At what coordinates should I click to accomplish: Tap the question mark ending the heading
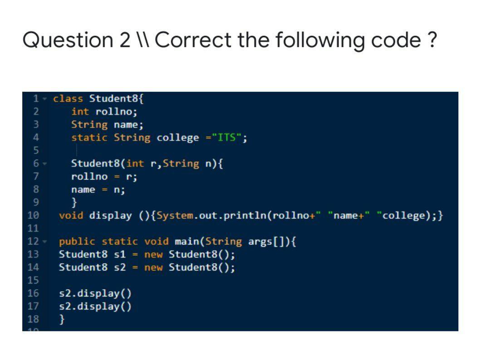432,40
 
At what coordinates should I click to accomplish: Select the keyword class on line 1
68,99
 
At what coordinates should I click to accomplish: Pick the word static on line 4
89,138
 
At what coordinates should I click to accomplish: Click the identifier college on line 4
177,138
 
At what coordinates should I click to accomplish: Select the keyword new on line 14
153,267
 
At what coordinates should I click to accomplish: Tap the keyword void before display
71,216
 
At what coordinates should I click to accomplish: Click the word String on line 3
89,124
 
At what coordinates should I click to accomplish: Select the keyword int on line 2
80,112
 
